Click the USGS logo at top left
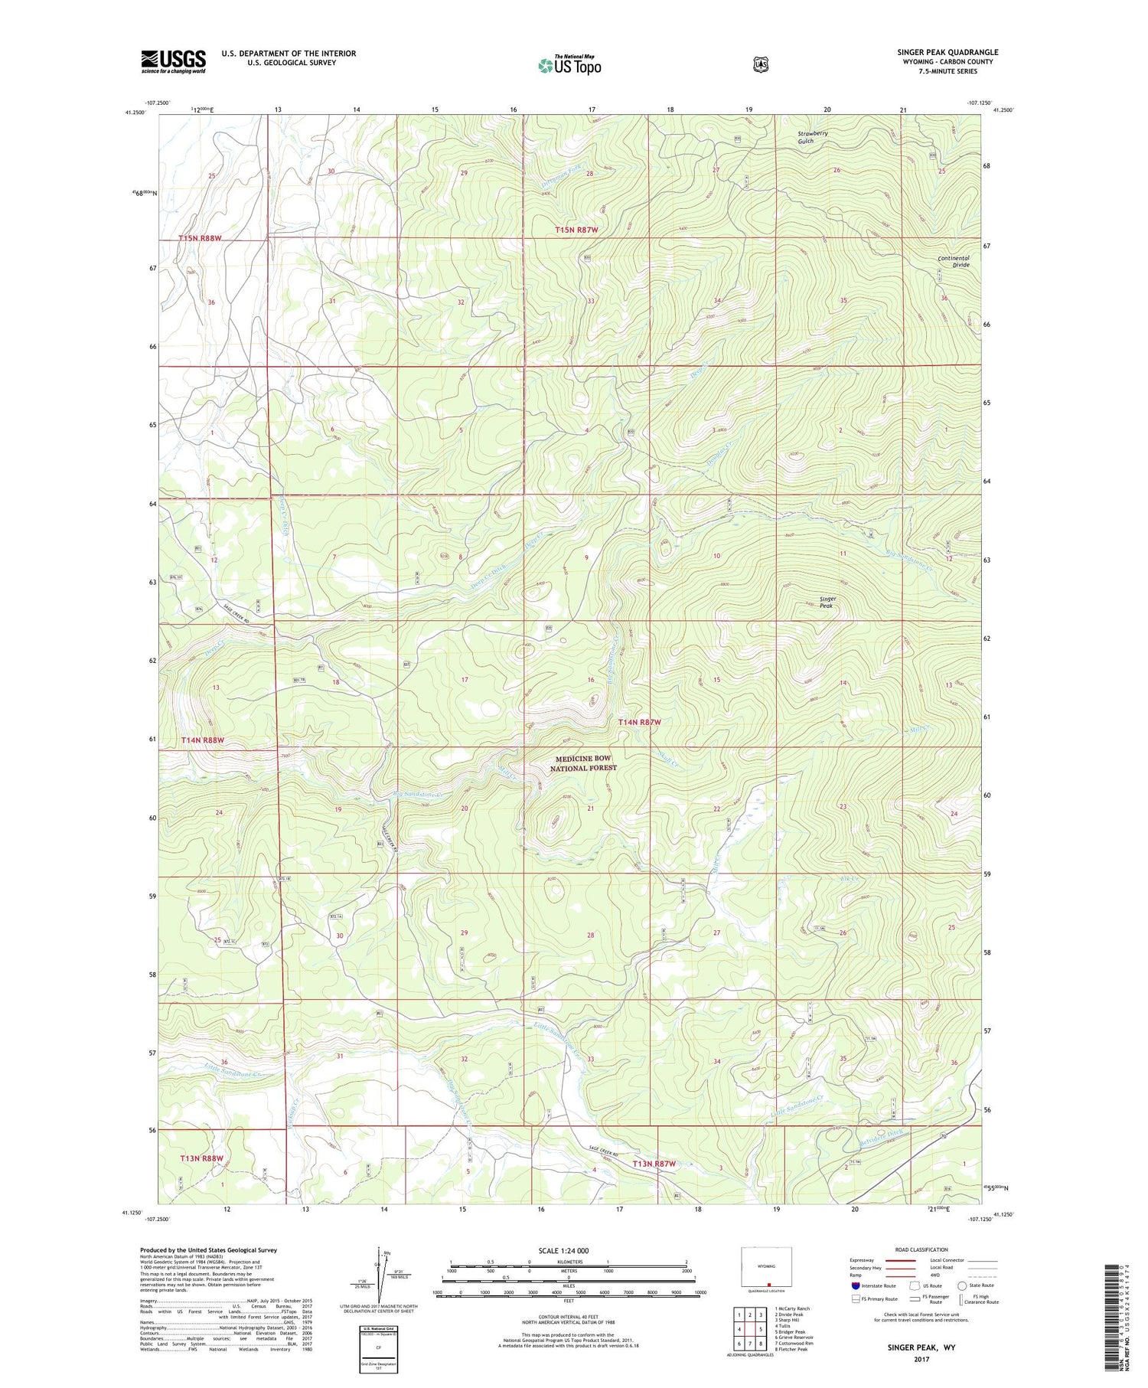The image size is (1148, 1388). [x=173, y=61]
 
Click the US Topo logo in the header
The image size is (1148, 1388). [x=569, y=65]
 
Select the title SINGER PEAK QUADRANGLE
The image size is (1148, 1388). [x=947, y=52]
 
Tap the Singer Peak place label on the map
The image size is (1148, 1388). [x=827, y=603]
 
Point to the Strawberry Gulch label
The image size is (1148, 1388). [x=812, y=137]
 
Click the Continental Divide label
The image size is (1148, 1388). [x=954, y=261]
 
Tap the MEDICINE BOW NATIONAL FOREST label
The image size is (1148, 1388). [x=582, y=763]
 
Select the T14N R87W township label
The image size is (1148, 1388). [x=639, y=722]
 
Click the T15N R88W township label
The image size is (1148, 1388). [x=200, y=238]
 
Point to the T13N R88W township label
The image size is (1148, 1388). [x=201, y=1158]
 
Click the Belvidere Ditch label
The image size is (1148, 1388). [x=884, y=1132]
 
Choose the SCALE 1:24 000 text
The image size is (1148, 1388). [x=563, y=1250]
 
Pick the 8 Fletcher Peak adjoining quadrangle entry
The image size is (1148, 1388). [x=791, y=1350]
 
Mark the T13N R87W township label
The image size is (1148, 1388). [x=654, y=1164]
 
